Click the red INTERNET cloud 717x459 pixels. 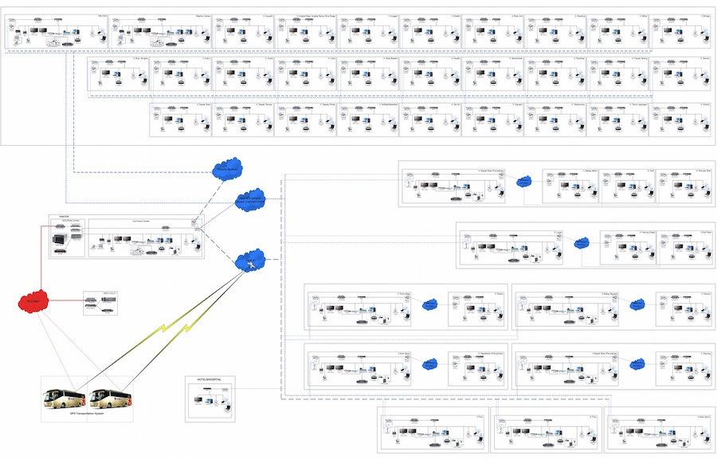33,302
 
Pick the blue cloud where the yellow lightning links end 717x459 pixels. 250,259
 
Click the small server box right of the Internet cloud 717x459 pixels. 100,302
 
